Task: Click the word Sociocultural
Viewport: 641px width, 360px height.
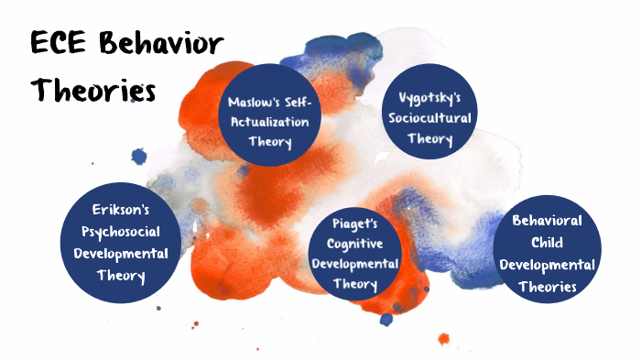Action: pyautogui.click(x=431, y=119)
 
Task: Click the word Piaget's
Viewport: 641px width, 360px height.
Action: pyautogui.click(x=354, y=224)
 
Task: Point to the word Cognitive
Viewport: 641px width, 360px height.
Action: pyautogui.click(x=354, y=243)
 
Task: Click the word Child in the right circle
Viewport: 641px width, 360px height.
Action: pyautogui.click(x=547, y=244)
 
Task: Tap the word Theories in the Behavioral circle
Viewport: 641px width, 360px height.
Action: pyautogui.click(x=547, y=286)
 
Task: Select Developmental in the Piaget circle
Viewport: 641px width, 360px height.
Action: pyautogui.click(x=354, y=264)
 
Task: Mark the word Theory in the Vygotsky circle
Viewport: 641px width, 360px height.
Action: pyautogui.click(x=430, y=140)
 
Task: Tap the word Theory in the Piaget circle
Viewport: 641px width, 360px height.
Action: pyautogui.click(x=354, y=284)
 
